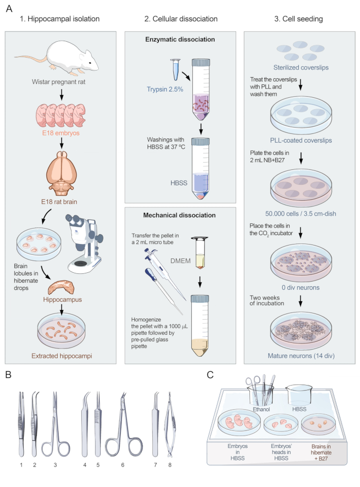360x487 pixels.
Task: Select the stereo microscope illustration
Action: click(x=84, y=244)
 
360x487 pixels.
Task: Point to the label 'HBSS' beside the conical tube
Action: click(x=179, y=183)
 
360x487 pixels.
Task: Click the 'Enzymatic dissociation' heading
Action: click(x=180, y=40)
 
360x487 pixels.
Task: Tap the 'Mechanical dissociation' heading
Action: click(x=179, y=215)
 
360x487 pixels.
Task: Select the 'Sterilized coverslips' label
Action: click(x=301, y=67)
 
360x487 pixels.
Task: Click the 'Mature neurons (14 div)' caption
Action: click(x=301, y=356)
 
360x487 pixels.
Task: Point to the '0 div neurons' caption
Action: click(x=300, y=288)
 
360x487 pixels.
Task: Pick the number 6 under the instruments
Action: click(x=122, y=465)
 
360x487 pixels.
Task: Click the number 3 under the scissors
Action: click(x=55, y=465)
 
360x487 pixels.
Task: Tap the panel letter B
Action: click(x=8, y=375)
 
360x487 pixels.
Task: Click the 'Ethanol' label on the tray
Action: click(x=261, y=409)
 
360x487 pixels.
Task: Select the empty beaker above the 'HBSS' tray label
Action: click(x=299, y=395)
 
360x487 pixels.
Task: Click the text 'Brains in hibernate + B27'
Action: click(x=321, y=453)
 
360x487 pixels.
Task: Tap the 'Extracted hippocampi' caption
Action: click(x=61, y=356)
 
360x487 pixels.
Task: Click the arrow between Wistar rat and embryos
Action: click(x=61, y=94)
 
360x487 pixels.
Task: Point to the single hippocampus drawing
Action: click(x=61, y=287)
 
